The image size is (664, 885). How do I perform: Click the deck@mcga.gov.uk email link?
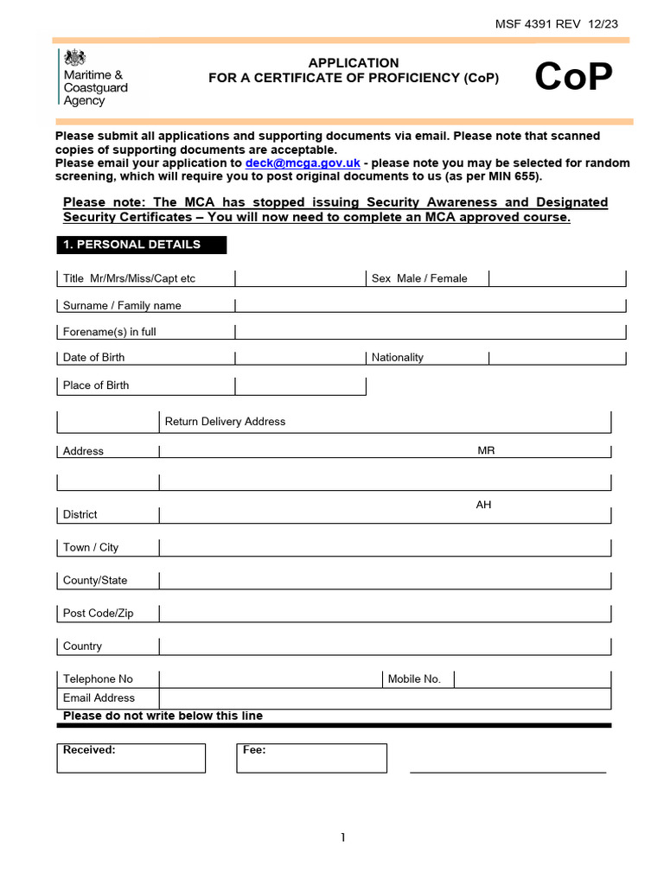[x=303, y=162]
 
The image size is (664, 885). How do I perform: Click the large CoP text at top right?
[x=573, y=78]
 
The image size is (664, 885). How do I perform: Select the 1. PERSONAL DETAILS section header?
[x=142, y=245]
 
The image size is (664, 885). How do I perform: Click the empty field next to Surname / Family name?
[x=430, y=304]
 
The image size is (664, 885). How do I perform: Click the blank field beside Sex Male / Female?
[x=557, y=277]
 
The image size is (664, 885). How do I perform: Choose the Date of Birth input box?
[x=299, y=357]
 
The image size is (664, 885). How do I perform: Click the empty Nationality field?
[x=557, y=357]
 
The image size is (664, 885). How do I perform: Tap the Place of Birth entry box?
[x=299, y=385]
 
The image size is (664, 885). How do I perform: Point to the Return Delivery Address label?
[x=225, y=422]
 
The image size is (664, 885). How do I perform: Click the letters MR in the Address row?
[x=486, y=451]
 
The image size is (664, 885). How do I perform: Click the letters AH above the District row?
[x=483, y=505]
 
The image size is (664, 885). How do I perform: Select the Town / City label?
[x=91, y=547]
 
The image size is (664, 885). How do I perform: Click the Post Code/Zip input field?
[x=385, y=613]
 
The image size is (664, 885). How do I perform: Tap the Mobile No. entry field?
[x=532, y=678]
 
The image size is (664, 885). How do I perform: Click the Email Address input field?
[x=385, y=698]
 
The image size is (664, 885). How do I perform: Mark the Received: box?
[x=131, y=758]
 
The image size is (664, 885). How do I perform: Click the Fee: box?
[x=311, y=758]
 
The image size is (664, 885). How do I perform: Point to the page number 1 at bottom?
[x=343, y=837]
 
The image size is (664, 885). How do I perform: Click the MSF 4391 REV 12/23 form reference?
[x=557, y=23]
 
